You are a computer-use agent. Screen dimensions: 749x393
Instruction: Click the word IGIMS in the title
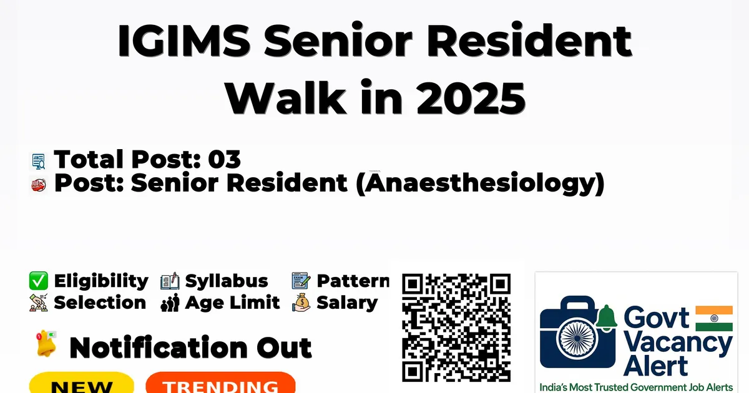(184, 40)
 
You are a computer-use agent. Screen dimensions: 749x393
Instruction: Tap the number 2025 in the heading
(471, 98)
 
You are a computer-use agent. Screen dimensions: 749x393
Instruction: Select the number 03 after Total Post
(224, 159)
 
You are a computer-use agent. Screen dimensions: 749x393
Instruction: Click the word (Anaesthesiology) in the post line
(481, 183)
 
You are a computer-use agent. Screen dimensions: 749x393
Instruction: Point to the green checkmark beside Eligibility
(39, 281)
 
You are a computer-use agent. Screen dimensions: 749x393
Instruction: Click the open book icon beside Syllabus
(170, 281)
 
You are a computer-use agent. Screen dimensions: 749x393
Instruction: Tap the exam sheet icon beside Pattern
(301, 281)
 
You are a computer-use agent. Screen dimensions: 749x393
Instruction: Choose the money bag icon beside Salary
(301, 303)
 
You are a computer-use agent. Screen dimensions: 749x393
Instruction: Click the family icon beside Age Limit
(170, 303)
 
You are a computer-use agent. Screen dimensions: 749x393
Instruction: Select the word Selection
(100, 303)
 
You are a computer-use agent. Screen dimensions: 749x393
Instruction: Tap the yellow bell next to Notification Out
(46, 344)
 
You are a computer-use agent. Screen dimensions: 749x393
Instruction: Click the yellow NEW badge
(82, 383)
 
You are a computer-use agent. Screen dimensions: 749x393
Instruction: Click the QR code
(456, 327)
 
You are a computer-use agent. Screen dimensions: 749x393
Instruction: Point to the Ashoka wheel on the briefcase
(577, 338)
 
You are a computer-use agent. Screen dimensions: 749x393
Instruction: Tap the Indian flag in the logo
(714, 318)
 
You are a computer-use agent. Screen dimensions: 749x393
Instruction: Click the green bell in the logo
(606, 317)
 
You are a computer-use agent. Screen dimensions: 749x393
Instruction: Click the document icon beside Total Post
(39, 161)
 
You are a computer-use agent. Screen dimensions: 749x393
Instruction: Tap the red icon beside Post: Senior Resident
(39, 185)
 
